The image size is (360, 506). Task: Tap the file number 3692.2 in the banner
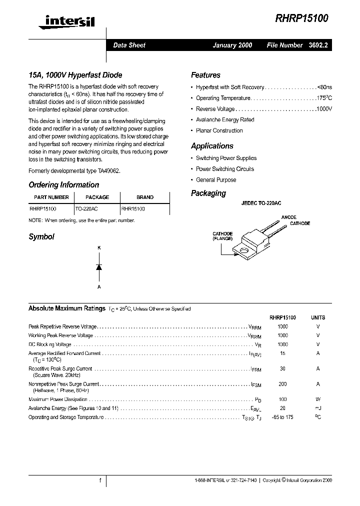tap(318, 45)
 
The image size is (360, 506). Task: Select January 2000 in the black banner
tap(232, 45)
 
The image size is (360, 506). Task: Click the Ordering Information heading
tap(63, 185)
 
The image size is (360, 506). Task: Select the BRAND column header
tap(145, 197)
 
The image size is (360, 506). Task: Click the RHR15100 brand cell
tap(133, 208)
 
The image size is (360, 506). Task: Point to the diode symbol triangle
tap(99, 267)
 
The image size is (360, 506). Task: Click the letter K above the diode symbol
tap(99, 247)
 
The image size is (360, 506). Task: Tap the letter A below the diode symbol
tap(99, 287)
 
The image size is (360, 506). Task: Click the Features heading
tap(205, 75)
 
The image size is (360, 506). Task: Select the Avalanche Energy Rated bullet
tap(225, 120)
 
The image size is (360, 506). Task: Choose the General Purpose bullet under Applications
tap(216, 180)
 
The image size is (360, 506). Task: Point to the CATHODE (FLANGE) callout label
tap(222, 236)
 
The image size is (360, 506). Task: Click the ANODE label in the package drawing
tap(288, 217)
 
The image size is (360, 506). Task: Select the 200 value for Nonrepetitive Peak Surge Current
tap(282, 384)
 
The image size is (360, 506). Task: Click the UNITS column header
tap(318, 317)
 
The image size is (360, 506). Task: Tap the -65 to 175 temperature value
tap(282, 417)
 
